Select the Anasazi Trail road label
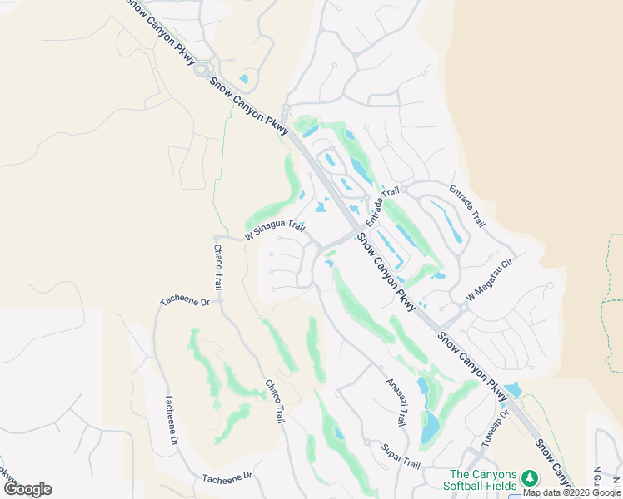click(x=396, y=403)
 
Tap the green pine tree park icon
click(x=529, y=479)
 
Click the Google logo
click(x=27, y=489)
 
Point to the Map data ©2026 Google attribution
click(x=572, y=492)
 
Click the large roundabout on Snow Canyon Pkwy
click(x=201, y=71)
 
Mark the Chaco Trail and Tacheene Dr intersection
click(x=221, y=298)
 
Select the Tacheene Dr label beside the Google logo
click(x=227, y=477)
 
